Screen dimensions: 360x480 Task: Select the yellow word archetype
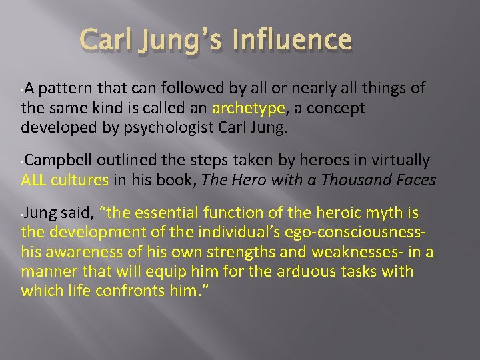[245, 108]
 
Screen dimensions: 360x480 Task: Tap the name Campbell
[61, 161]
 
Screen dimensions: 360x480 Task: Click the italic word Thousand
[363, 179]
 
